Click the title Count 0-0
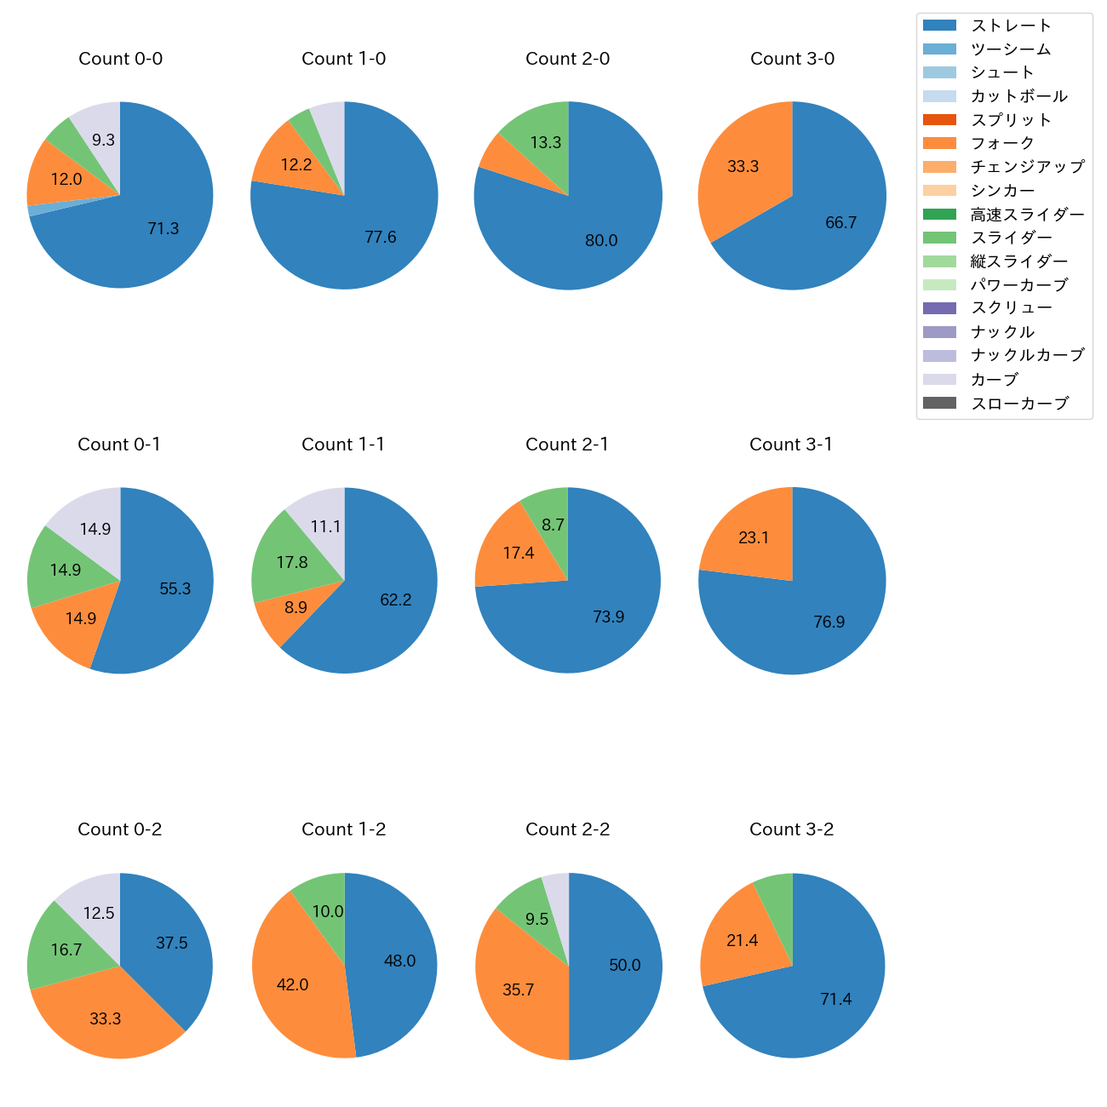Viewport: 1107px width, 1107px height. click(x=120, y=59)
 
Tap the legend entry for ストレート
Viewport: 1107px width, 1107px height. click(x=1011, y=26)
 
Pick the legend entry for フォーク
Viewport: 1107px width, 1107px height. click(x=1002, y=143)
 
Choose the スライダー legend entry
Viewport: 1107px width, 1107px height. click(x=1011, y=238)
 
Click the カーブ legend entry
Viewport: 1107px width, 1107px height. click(x=994, y=379)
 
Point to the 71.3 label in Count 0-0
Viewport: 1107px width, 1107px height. click(x=163, y=228)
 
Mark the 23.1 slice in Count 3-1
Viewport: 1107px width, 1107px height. click(x=754, y=536)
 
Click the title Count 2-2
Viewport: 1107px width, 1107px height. click(x=567, y=829)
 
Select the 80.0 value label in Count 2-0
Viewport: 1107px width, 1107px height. click(x=601, y=241)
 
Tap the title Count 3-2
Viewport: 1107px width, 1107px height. click(x=791, y=829)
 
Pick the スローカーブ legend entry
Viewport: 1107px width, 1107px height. click(x=1019, y=404)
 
